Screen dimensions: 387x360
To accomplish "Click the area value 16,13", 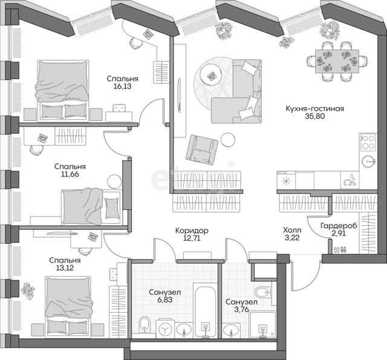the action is click(122, 87).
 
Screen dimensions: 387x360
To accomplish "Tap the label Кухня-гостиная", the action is click(314, 109).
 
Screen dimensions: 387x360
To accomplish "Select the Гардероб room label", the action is click(339, 226).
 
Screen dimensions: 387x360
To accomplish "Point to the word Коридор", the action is click(192, 231).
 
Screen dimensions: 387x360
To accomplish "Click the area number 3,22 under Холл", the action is click(292, 238).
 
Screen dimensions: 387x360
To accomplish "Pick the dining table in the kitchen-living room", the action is click(337, 61).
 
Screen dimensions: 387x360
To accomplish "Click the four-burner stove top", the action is click(368, 142).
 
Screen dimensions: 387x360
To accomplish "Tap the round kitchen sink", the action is click(369, 162).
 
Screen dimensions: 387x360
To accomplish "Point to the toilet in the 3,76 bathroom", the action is click(264, 293).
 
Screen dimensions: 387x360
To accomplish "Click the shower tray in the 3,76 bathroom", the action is click(262, 325).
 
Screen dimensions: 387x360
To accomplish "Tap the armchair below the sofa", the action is click(201, 149).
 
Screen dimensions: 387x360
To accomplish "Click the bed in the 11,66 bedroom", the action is click(91, 206).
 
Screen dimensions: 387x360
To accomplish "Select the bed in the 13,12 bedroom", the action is click(68, 306).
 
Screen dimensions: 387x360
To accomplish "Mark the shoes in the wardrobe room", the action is click(340, 250).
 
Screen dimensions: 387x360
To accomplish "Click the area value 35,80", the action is click(314, 116).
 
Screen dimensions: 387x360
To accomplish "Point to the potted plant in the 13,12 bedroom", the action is click(28, 290).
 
